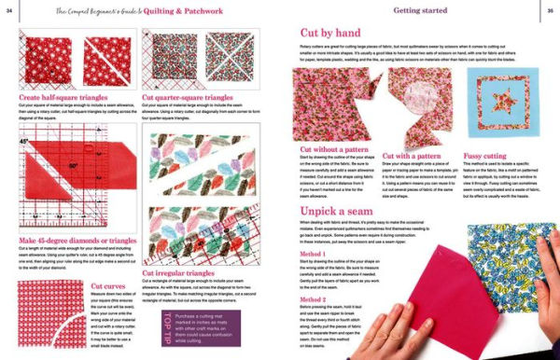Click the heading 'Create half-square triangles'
[64, 95]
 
